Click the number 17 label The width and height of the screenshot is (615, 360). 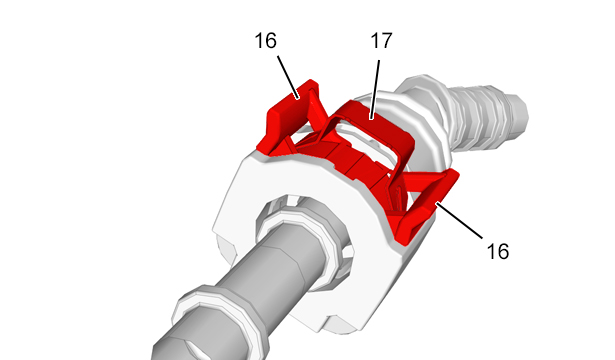pos(381,41)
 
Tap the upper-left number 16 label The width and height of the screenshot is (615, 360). pos(266,41)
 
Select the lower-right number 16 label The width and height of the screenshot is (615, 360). pos(498,251)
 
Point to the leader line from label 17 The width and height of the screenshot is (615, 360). pos(375,89)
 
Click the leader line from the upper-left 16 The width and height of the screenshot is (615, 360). pos(288,77)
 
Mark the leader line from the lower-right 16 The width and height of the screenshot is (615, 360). pos(459,220)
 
